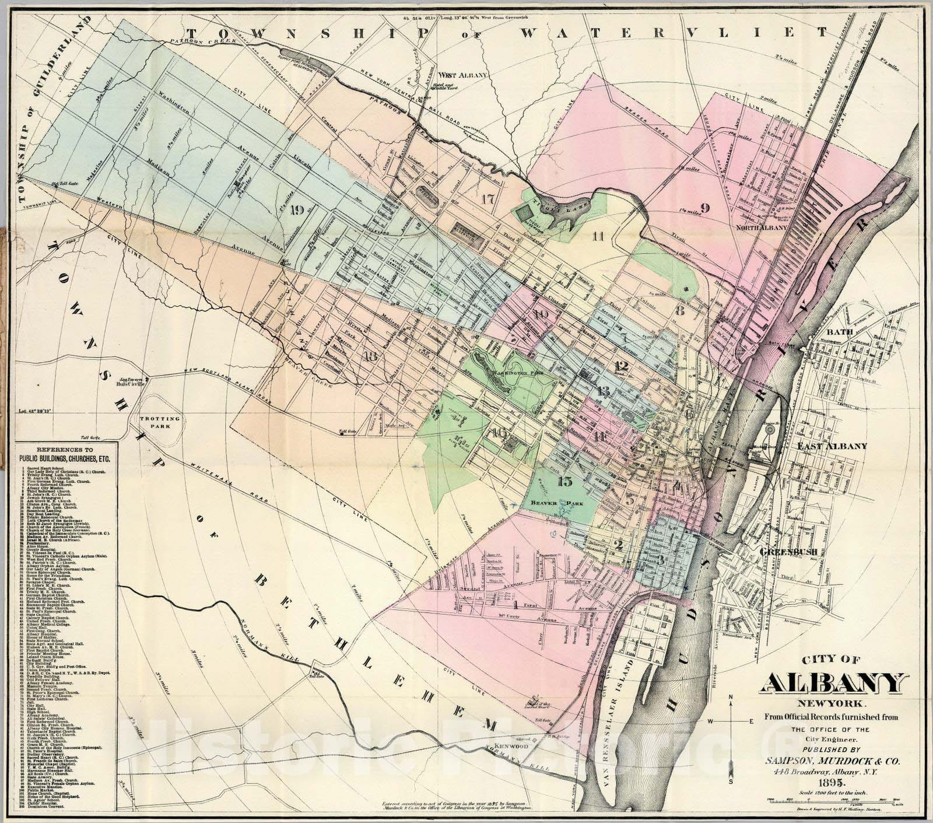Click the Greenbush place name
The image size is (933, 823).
point(783,551)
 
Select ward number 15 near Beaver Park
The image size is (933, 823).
point(564,482)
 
